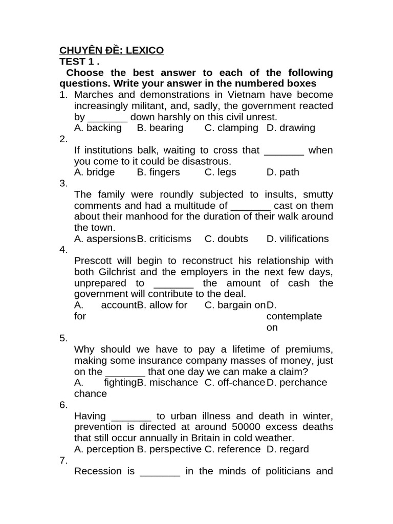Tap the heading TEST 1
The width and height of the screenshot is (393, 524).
click(79, 61)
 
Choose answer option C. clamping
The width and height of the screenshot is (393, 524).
click(231, 128)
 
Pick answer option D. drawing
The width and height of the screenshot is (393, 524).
click(291, 128)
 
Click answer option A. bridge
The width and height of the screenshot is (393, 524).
click(95, 172)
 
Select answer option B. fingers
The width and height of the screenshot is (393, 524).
click(159, 172)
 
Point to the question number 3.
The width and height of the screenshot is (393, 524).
click(63, 183)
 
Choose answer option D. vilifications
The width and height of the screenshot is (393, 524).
click(297, 238)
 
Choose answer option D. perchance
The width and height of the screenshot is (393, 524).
click(296, 382)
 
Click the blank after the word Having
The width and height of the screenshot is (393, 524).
click(131, 416)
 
